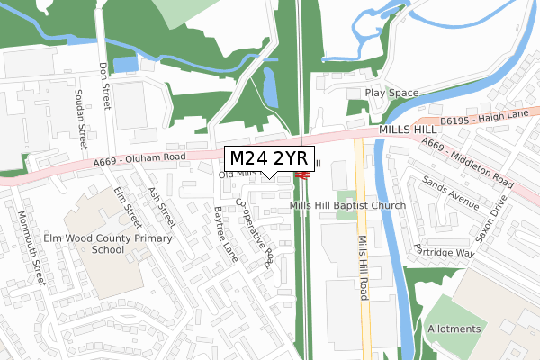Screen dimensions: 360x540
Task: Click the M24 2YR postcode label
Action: click(267, 158)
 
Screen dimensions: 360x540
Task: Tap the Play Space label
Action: click(391, 93)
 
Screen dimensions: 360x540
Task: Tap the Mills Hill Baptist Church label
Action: click(347, 206)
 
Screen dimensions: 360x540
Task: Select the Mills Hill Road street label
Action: click(364, 261)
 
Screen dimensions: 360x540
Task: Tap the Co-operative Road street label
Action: click(256, 231)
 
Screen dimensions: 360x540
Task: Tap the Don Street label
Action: click(104, 81)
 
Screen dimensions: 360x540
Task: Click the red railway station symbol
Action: click(302, 175)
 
